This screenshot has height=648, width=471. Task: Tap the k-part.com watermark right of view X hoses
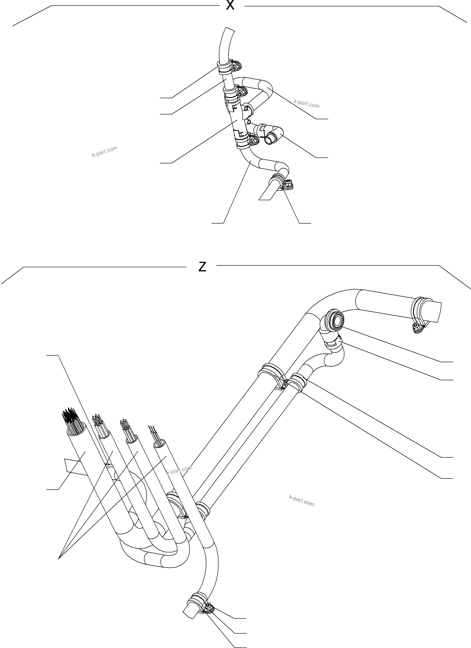pyautogui.click(x=306, y=103)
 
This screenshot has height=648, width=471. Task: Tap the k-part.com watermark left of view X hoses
pyautogui.click(x=104, y=152)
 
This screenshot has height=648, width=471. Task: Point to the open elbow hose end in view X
pyautogui.click(x=269, y=140)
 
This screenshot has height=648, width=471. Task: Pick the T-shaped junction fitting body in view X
pyautogui.click(x=236, y=121)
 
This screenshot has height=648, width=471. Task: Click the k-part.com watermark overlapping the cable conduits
pyautogui.click(x=179, y=470)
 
